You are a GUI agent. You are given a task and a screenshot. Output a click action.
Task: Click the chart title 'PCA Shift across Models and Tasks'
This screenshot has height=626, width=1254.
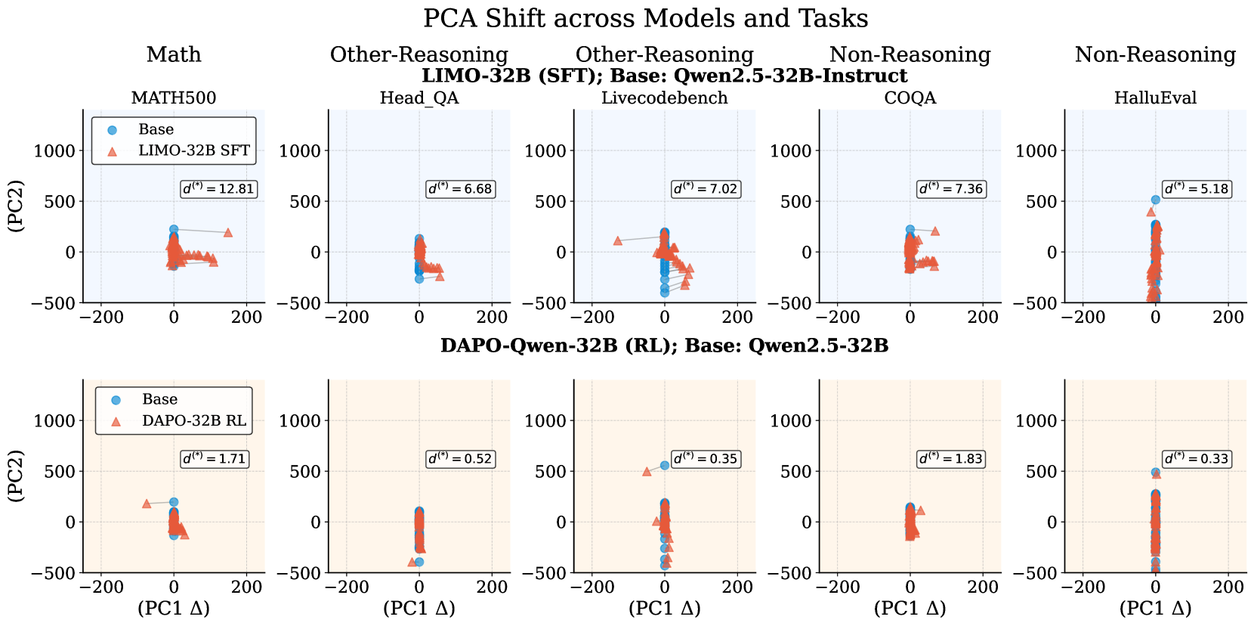[645, 18]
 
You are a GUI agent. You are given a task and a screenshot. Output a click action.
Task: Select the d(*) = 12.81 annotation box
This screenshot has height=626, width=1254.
[218, 189]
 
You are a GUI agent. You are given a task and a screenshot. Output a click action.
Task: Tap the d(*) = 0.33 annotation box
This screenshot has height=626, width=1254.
[1197, 459]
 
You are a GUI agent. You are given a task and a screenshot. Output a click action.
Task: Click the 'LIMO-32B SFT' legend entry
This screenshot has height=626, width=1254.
[193, 150]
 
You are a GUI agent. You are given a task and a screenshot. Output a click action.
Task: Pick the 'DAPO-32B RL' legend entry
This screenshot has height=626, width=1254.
[193, 420]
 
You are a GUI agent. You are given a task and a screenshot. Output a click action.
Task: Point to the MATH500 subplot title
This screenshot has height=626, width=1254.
[174, 98]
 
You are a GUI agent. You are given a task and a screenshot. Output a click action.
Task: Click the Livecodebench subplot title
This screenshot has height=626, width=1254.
[664, 98]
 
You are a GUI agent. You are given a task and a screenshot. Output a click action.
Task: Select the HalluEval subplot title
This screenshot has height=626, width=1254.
[1155, 98]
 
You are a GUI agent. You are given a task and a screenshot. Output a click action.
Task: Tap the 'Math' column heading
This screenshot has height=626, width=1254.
[174, 54]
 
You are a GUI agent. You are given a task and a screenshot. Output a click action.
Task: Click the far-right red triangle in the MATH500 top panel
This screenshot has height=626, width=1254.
[228, 233]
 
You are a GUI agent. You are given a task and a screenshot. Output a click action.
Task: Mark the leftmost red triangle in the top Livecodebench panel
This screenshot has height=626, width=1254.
[618, 240]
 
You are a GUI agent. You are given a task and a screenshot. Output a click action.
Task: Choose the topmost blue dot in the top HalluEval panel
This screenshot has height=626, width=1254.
[1155, 200]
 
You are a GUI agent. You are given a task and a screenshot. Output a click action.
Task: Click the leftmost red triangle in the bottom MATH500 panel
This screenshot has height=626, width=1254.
[147, 504]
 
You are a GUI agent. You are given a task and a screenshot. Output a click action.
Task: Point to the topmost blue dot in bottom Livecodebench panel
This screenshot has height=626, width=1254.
[665, 465]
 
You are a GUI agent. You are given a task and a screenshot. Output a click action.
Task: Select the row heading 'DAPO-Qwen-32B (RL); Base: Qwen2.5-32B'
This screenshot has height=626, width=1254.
[664, 346]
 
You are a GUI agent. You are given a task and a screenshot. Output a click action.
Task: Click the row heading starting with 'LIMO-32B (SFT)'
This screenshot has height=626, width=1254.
[664, 76]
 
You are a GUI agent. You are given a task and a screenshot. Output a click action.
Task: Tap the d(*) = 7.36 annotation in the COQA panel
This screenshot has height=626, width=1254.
[951, 189]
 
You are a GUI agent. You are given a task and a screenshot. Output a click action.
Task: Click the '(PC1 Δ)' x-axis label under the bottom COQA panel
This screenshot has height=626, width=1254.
[910, 608]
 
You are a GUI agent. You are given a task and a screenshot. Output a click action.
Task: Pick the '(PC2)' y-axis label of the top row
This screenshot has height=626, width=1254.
[16, 206]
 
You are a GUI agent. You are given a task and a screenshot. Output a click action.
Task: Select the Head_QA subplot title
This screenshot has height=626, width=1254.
[419, 98]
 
